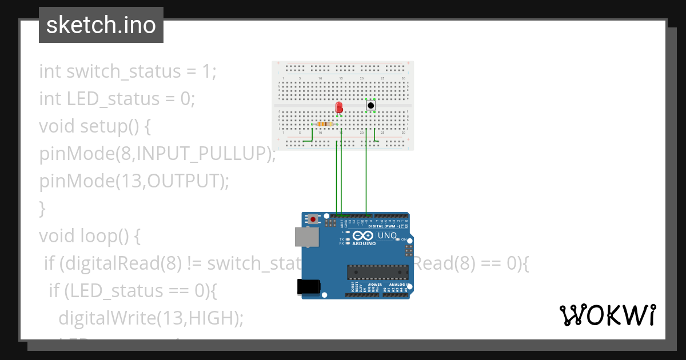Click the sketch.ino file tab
tap(101, 25)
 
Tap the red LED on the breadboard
tap(338, 107)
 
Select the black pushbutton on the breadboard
tap(370, 105)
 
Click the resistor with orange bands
tap(324, 124)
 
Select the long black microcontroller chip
tap(378, 274)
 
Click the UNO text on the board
tap(387, 235)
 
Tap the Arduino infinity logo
tap(364, 235)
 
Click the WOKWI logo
tap(607, 315)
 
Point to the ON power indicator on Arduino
tap(402, 239)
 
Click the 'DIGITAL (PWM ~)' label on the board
tap(384, 226)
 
